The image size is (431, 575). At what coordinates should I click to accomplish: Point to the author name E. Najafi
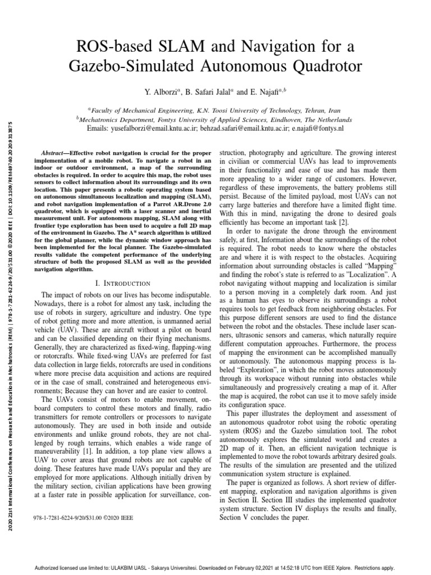[268, 90]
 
